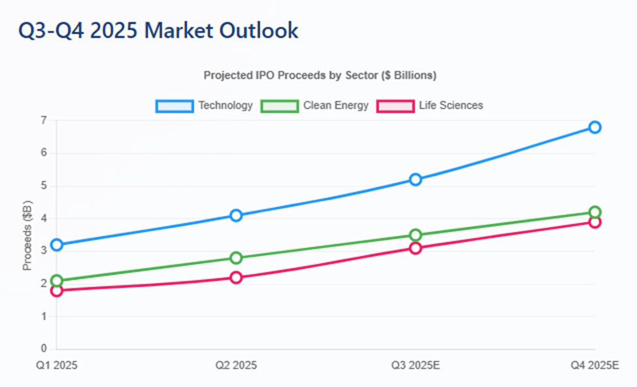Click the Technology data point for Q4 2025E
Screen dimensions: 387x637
[595, 127]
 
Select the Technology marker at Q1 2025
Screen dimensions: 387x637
[57, 244]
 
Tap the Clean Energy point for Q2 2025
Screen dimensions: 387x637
[236, 258]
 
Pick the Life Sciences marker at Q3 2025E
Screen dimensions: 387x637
[416, 248]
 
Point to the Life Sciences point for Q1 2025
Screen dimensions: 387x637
[57, 290]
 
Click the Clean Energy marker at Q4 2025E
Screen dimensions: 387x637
[595, 212]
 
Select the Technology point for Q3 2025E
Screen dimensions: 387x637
[416, 179]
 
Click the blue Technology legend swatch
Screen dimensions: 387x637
[174, 106]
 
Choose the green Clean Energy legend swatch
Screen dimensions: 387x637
[280, 106]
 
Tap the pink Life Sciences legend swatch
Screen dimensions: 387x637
[395, 106]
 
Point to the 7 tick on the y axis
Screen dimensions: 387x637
[44, 120]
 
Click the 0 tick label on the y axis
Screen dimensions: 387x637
[44, 349]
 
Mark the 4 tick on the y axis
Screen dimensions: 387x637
[44, 218]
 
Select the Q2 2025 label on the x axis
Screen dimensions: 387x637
[236, 365]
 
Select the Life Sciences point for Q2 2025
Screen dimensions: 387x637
[236, 277]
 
